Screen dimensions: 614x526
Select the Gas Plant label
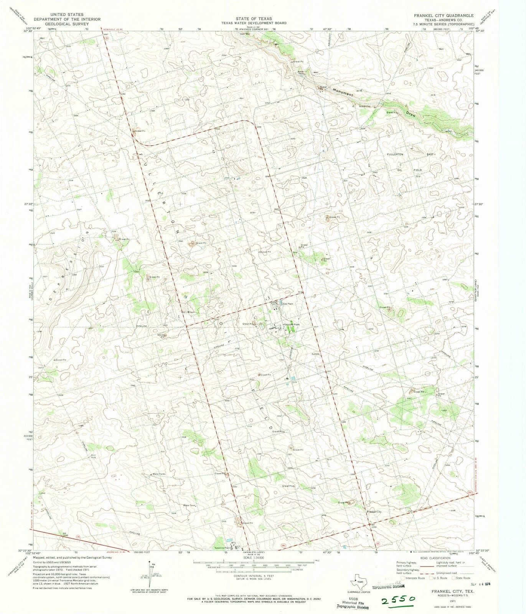click(x=288, y=304)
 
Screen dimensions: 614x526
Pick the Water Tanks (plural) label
click(x=159, y=474)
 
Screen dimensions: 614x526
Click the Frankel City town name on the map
click(x=374, y=512)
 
